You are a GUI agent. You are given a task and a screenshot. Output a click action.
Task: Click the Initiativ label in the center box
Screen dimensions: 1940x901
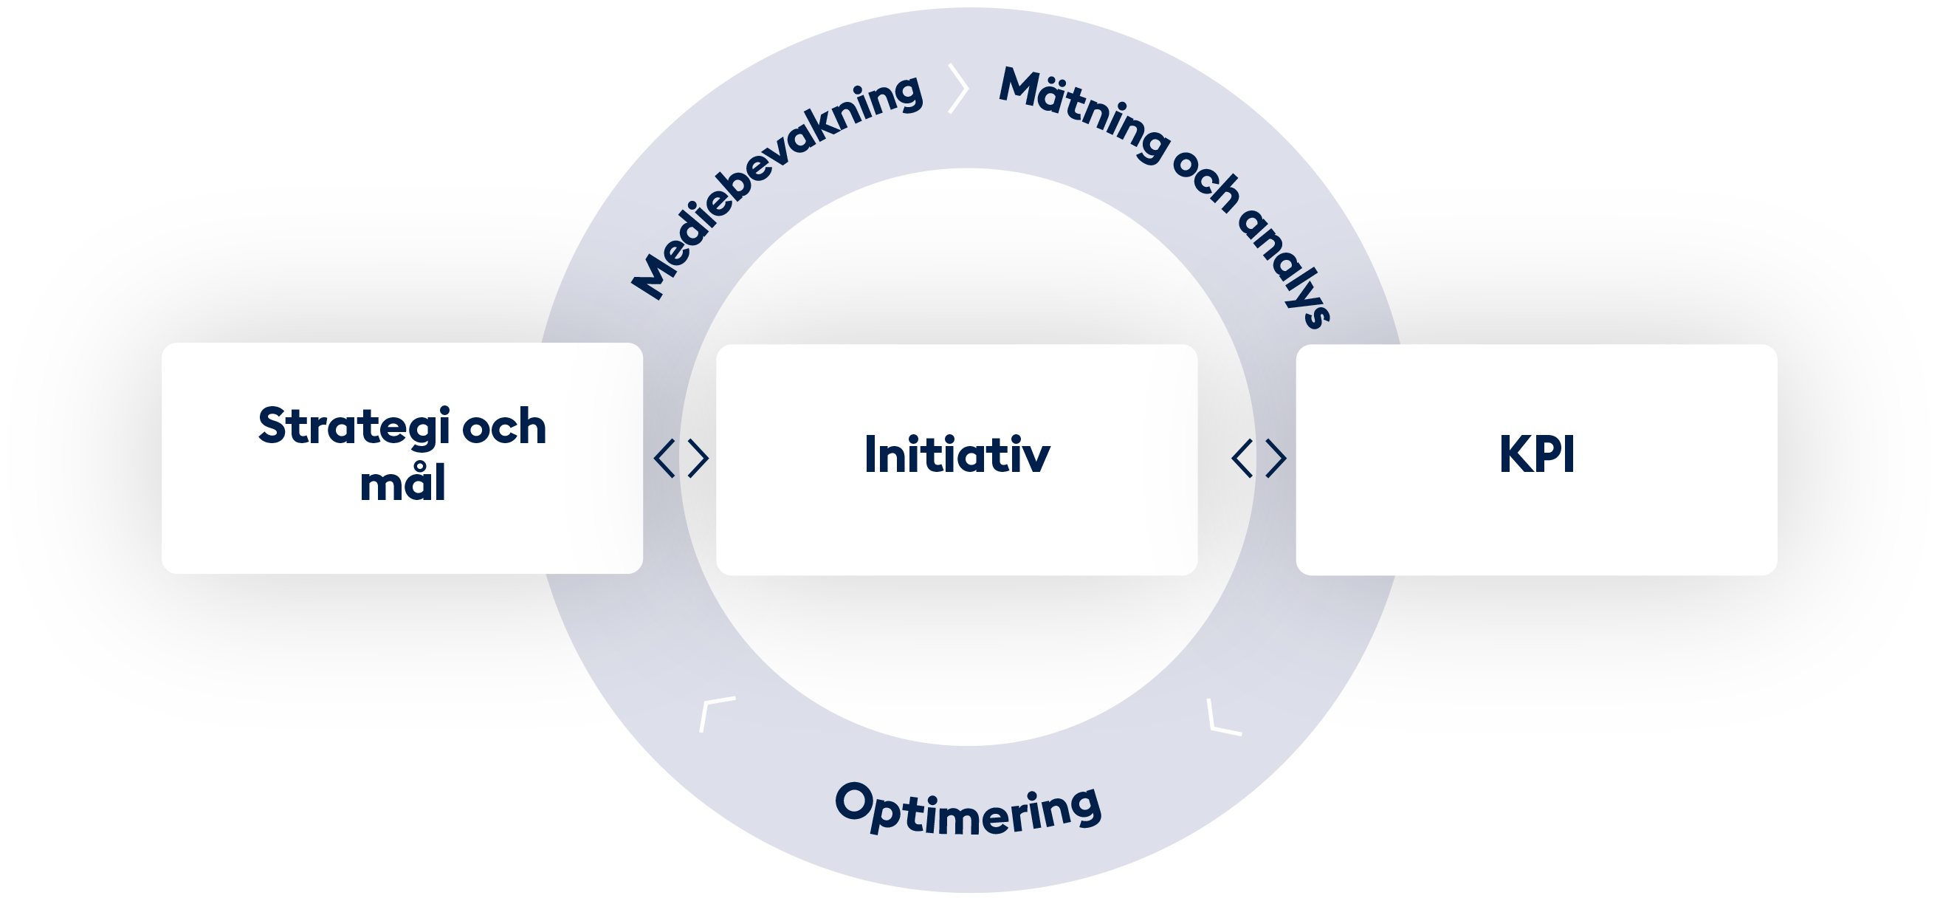point(957,454)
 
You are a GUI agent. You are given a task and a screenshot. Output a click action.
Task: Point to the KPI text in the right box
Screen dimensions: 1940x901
point(1536,454)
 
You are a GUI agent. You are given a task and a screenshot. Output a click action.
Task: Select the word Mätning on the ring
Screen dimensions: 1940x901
point(1084,113)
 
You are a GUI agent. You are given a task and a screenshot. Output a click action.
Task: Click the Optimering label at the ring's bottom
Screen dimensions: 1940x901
point(969,810)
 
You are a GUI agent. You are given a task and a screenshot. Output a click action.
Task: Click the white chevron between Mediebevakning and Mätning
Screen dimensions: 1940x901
point(959,89)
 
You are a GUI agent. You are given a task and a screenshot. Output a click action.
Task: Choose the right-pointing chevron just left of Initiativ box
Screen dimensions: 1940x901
point(699,458)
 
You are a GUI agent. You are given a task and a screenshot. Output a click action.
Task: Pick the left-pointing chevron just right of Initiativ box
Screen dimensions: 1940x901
point(1241,458)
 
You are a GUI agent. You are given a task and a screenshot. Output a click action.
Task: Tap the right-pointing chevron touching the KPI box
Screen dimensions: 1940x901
point(1276,458)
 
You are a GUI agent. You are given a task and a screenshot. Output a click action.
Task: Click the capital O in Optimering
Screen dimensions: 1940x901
point(853,801)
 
